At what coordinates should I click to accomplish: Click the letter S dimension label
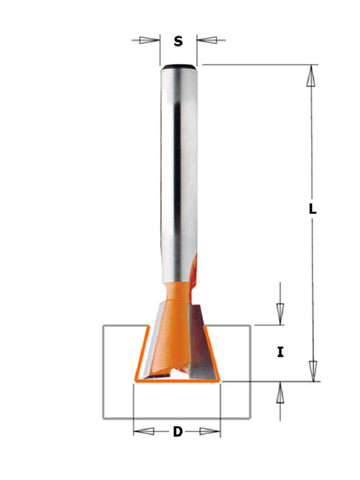click(x=178, y=41)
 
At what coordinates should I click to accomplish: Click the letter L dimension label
click(x=312, y=209)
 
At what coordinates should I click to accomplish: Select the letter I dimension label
click(x=280, y=352)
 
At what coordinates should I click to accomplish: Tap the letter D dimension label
click(x=178, y=432)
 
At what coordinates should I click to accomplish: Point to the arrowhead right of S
click(x=207, y=40)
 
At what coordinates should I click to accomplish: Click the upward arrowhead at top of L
click(x=311, y=76)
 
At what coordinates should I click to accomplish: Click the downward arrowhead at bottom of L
click(x=313, y=371)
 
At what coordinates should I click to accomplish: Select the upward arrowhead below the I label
click(x=280, y=393)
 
